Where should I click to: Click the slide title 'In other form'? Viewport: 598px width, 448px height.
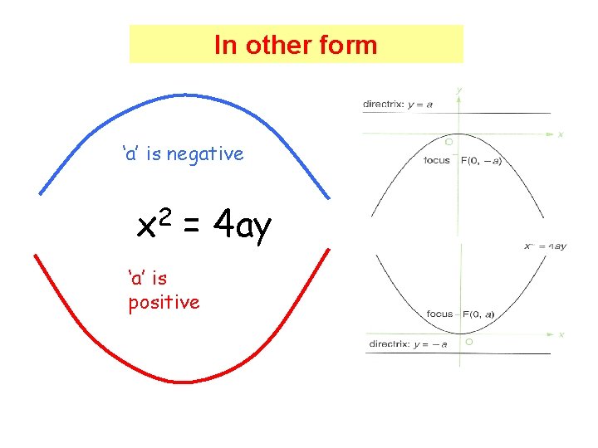click(x=296, y=45)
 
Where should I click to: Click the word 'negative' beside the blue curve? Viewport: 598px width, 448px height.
click(x=205, y=153)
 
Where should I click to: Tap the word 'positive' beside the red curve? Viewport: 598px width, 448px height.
click(x=164, y=302)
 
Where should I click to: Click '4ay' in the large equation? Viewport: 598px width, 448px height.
click(x=243, y=225)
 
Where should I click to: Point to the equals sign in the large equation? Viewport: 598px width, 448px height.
click(x=192, y=225)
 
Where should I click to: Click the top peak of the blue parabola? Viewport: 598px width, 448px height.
click(x=184, y=95)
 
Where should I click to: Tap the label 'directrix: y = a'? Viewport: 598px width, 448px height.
click(x=398, y=105)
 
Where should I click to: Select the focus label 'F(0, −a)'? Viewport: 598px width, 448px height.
click(x=481, y=160)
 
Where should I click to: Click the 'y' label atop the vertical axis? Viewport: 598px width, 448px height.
click(x=459, y=90)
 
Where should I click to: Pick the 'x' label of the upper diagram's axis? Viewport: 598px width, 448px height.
click(x=561, y=134)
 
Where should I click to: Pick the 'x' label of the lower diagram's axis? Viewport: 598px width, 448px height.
click(x=561, y=334)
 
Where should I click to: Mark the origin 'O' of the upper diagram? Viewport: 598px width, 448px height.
click(x=448, y=142)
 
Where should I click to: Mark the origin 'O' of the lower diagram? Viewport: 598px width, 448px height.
click(x=469, y=342)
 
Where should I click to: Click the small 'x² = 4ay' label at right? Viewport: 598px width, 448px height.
click(x=546, y=246)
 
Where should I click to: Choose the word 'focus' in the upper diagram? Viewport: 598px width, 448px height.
click(x=437, y=160)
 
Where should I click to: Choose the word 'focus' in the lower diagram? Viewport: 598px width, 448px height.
click(x=439, y=314)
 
